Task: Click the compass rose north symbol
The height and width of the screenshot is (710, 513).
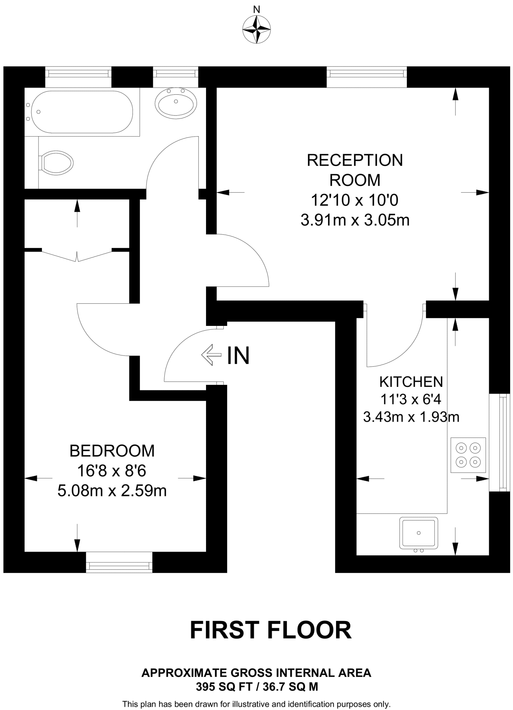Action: point(257,30)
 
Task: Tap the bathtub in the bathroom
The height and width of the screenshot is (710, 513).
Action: point(82,112)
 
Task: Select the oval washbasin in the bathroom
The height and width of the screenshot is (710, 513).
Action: point(176,103)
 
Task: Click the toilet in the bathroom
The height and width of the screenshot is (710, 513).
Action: point(57,162)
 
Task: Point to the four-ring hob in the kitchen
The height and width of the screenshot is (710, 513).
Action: point(468,455)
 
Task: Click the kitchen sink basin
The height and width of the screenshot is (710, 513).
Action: point(418,533)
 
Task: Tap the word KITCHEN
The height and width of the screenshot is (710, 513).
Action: point(411,382)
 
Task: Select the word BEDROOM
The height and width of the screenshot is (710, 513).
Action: point(112,451)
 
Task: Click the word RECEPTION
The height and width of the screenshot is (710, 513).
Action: point(355,160)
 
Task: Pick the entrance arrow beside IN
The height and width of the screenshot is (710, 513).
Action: point(211,355)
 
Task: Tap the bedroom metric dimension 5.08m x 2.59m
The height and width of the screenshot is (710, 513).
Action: point(112,491)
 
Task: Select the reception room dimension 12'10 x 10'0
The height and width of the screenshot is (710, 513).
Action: point(355,200)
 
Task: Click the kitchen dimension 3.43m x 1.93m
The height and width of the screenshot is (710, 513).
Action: point(411,417)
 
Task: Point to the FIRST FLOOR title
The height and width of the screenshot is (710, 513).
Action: point(271,630)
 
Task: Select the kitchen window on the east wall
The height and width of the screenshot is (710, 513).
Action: point(500,442)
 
